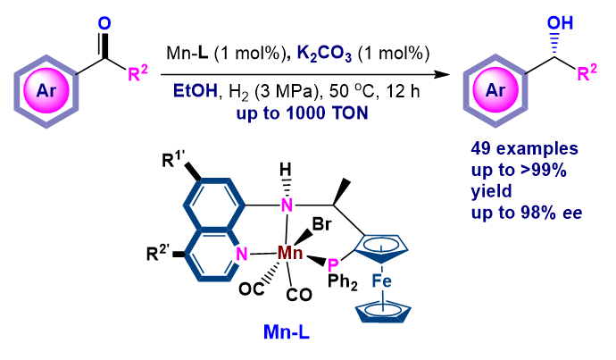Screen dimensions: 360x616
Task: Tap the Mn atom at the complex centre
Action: coord(290,255)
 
